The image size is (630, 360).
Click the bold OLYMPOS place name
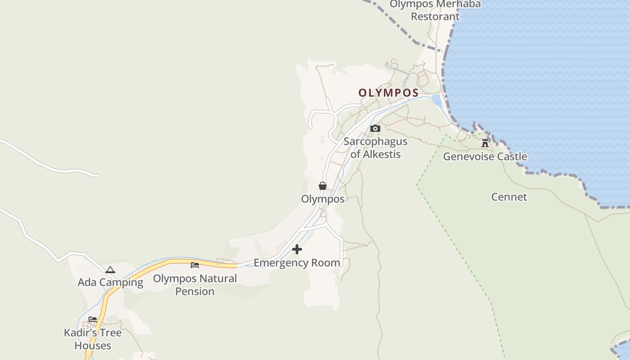[x=388, y=93]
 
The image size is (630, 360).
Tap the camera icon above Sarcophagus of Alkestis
[x=375, y=129]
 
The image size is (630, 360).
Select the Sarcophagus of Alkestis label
[x=375, y=148]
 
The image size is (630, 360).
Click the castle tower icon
[x=485, y=143]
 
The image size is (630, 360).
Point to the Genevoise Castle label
[x=485, y=157]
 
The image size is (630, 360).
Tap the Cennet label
[x=509, y=197]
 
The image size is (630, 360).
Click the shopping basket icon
[x=323, y=185]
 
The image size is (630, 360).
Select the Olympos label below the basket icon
[x=323, y=199]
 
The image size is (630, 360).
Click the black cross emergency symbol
[x=297, y=249]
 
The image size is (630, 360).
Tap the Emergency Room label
[x=297, y=263]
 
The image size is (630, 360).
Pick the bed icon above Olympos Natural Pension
[x=195, y=265]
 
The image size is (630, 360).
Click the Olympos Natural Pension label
[x=195, y=285]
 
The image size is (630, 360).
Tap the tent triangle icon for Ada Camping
[x=110, y=270]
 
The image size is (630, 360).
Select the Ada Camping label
[x=110, y=283]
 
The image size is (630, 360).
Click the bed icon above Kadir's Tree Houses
[x=93, y=319]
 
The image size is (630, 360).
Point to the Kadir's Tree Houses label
[x=93, y=339]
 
